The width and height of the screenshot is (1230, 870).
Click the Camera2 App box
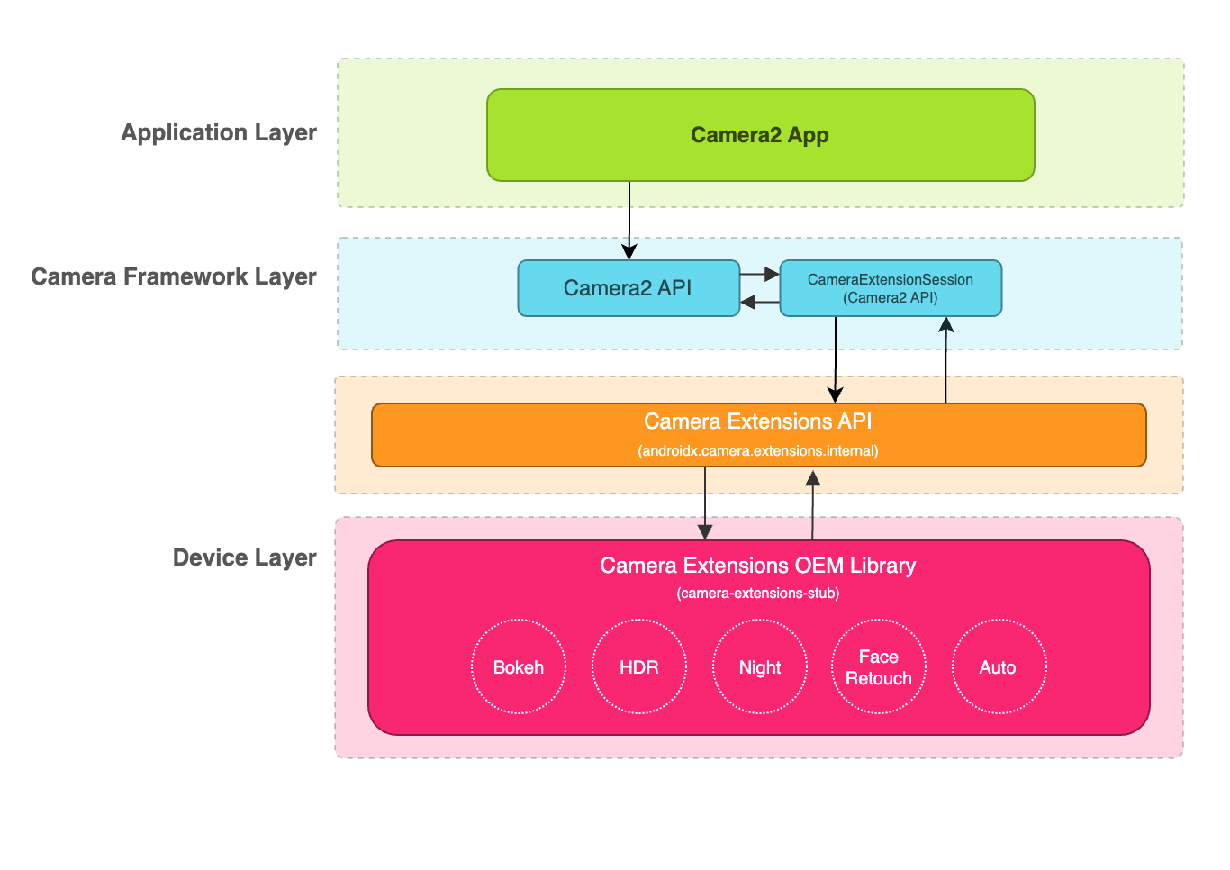click(760, 135)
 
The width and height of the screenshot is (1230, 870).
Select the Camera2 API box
click(628, 288)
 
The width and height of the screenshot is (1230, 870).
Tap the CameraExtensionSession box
click(890, 288)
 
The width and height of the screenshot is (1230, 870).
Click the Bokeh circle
click(519, 666)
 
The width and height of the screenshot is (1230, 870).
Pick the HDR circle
click(639, 666)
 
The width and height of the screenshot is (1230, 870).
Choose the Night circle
click(760, 666)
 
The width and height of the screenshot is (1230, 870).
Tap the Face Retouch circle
click(879, 666)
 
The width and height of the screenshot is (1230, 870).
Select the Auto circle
click(999, 666)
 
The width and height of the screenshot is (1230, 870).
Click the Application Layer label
click(219, 132)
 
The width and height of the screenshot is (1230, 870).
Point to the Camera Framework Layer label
click(174, 276)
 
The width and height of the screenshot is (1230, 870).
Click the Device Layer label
click(244, 557)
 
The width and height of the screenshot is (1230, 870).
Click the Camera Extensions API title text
click(757, 421)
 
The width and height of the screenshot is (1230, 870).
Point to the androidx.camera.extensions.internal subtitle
click(757, 450)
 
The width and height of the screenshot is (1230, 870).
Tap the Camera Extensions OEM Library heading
click(757, 566)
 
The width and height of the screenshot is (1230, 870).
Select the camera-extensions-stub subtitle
click(757, 593)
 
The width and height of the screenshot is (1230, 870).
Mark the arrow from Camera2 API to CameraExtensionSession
click(759, 274)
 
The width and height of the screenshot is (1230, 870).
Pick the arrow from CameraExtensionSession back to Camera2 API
click(759, 303)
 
